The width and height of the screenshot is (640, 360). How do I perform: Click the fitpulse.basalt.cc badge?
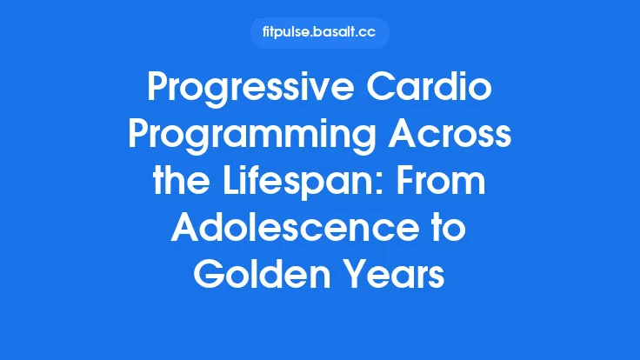(x=319, y=33)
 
